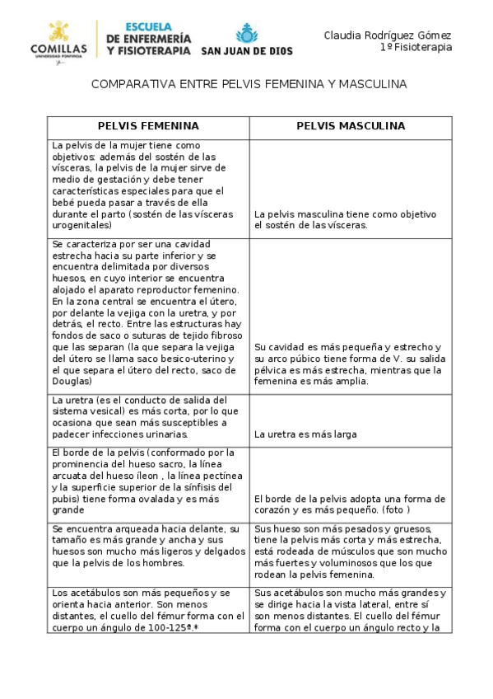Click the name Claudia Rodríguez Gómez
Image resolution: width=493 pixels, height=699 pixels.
coord(387,35)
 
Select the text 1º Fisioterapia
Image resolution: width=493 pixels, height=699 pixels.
coord(416,48)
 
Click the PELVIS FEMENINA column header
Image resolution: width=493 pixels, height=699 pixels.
coord(148,126)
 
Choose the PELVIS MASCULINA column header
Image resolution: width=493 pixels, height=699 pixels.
coord(351,126)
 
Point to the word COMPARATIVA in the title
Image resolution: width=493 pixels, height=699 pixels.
coord(124,85)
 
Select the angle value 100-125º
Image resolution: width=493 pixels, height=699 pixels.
coord(171,627)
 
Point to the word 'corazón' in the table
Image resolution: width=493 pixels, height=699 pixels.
coord(276,509)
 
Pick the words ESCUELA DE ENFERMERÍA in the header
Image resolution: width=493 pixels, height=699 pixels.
coord(148,32)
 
